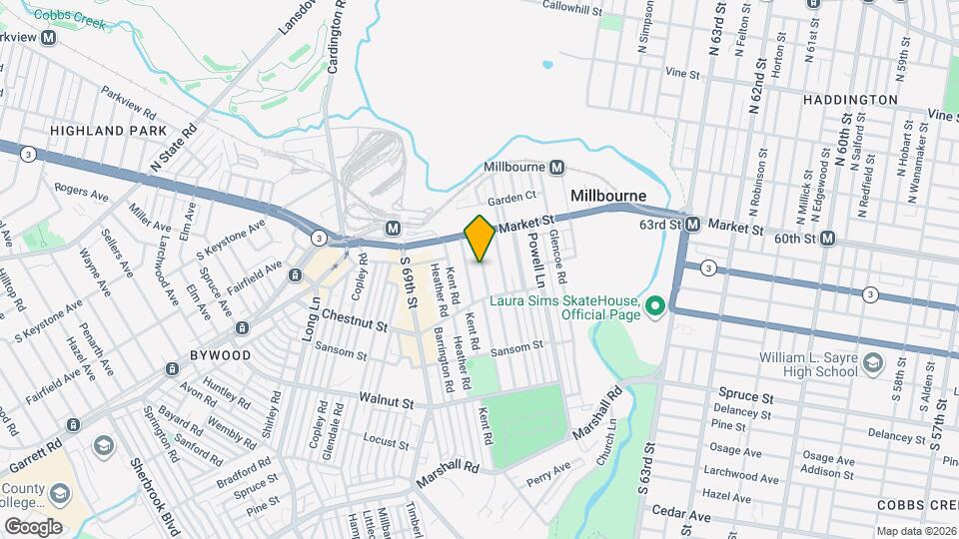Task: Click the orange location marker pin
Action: [x=480, y=238]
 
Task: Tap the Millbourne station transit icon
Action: [x=556, y=167]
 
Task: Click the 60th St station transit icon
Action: [x=828, y=239]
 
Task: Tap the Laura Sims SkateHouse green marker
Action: [x=655, y=305]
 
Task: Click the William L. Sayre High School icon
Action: [x=874, y=360]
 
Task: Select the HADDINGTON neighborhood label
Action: [x=849, y=100]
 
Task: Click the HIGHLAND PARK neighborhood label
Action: [x=94, y=131]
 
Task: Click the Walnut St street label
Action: [x=387, y=402]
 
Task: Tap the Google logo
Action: [x=33, y=526]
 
